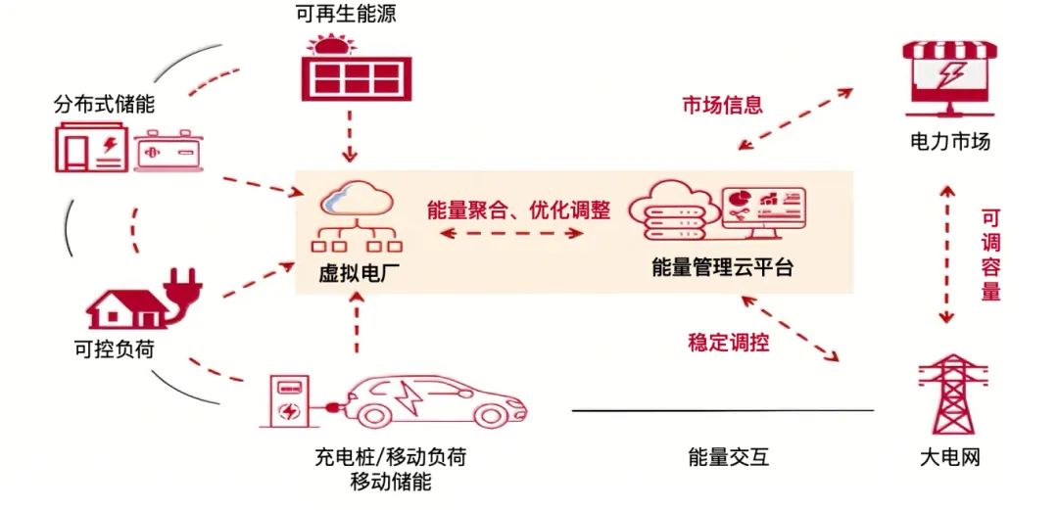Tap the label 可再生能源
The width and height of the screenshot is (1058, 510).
tap(346, 15)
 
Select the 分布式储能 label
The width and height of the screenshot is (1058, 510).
tap(105, 104)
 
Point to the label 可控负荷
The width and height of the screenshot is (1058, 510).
tap(116, 348)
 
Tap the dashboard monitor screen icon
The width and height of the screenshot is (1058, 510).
tap(763, 209)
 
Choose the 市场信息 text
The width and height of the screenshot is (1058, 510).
tap(722, 106)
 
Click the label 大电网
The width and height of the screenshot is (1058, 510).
tap(949, 456)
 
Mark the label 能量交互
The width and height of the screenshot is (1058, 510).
tap(728, 456)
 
